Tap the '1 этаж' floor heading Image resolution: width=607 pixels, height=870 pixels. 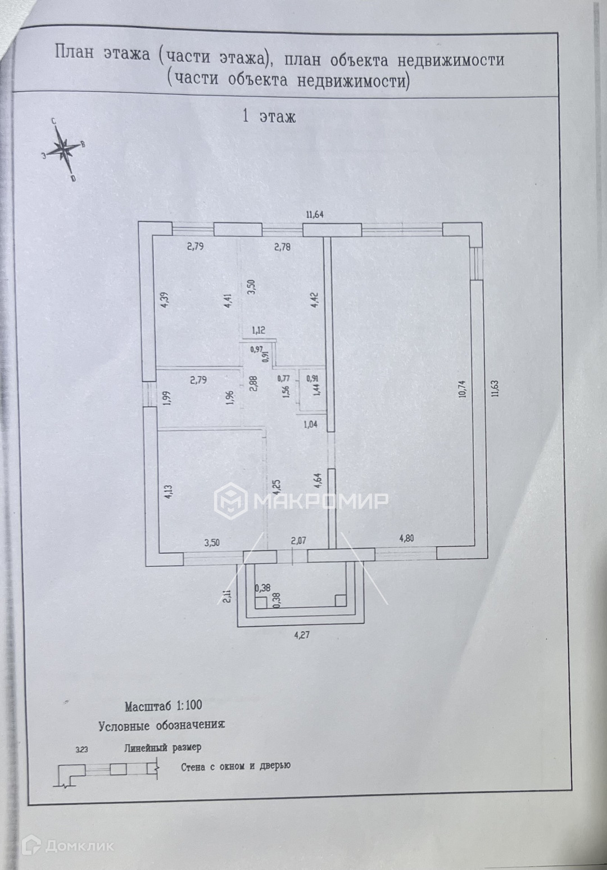[268, 116]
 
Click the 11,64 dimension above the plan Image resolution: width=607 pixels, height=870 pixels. [315, 214]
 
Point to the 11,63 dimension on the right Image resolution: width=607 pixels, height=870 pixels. [494, 387]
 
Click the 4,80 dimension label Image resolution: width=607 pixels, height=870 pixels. [407, 538]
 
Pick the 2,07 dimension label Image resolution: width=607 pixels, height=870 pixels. [298, 541]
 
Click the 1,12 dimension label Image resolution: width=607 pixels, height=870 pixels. [258, 331]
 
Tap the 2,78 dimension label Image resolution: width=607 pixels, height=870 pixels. [282, 246]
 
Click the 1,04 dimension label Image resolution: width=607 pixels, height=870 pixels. [310, 424]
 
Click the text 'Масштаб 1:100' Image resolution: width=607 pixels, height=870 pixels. [163, 705]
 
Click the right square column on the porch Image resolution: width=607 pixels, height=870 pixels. [339, 600]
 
